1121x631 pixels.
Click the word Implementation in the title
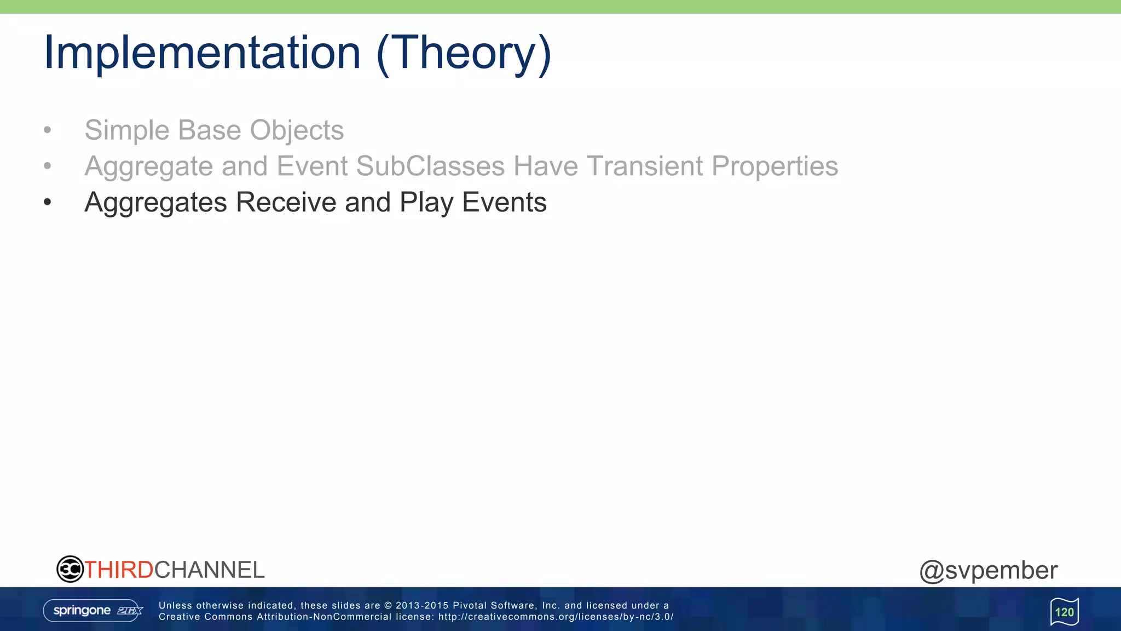(x=202, y=53)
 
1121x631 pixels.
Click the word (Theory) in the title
(x=464, y=53)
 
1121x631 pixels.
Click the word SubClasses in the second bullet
(x=430, y=166)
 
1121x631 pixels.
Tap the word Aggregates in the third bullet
(x=155, y=203)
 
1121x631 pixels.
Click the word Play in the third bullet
(x=426, y=203)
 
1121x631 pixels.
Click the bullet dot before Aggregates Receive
(x=48, y=203)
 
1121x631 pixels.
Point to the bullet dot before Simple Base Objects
(x=48, y=130)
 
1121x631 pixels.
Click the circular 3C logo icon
(x=70, y=569)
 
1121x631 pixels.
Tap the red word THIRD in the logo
(x=119, y=570)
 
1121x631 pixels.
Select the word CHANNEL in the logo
(x=209, y=570)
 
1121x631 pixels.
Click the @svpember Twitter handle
(x=988, y=571)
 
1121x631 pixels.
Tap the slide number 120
(x=1064, y=612)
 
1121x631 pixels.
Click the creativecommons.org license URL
(x=556, y=617)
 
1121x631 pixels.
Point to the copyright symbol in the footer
(x=388, y=606)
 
